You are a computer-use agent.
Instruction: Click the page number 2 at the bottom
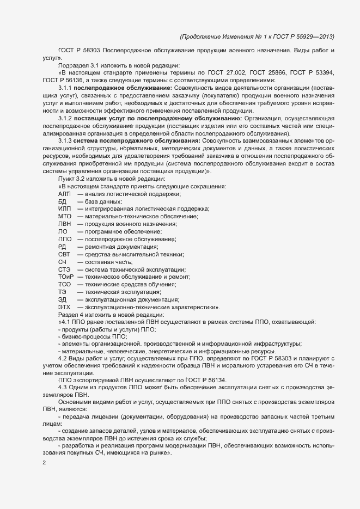point(44,463)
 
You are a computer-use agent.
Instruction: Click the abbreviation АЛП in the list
point(65,194)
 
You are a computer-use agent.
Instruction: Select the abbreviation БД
point(62,202)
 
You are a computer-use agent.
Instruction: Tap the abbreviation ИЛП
point(65,210)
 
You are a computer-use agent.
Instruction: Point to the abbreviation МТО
point(65,217)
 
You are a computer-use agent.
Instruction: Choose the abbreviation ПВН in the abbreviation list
point(65,224)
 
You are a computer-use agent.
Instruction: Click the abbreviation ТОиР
point(66,277)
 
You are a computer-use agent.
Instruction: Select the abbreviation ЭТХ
point(65,307)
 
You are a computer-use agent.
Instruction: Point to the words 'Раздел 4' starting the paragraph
point(72,315)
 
